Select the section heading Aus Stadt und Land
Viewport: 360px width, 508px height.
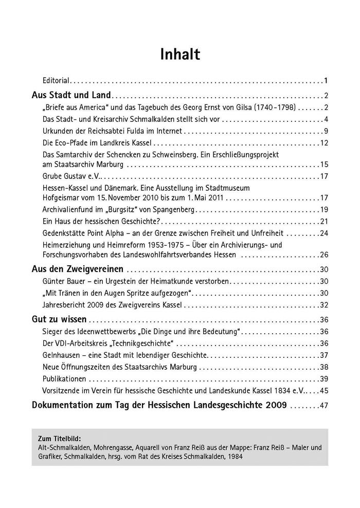71,95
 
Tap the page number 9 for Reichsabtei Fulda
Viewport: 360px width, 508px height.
326,131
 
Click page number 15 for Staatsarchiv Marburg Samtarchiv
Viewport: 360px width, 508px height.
324,165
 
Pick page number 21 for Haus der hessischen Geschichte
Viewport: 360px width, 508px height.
324,222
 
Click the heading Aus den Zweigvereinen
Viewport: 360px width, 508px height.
77,269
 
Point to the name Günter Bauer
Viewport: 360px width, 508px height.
62,281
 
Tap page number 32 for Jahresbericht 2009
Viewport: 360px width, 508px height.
324,305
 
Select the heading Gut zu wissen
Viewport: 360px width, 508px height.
59,319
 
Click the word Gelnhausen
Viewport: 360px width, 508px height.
61,355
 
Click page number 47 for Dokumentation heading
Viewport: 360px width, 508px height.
323,406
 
